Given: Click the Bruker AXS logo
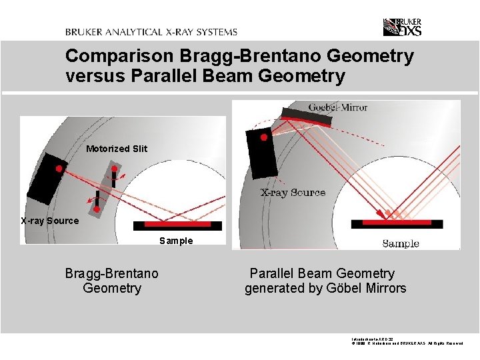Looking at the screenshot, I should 402,27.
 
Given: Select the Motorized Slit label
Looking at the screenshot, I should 117,149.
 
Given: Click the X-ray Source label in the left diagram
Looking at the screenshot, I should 49,221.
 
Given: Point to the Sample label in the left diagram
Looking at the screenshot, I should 176,241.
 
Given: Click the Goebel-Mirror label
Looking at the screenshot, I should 338,107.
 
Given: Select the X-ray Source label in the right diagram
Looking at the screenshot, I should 293,193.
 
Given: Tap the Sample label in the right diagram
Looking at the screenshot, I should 401,243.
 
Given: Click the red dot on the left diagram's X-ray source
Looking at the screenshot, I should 59,169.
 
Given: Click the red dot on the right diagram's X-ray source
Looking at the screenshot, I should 263,138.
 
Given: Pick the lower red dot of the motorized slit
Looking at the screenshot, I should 97,209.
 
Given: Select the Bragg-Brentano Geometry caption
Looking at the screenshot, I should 112,281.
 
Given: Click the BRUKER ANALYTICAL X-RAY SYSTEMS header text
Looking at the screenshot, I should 151,32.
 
